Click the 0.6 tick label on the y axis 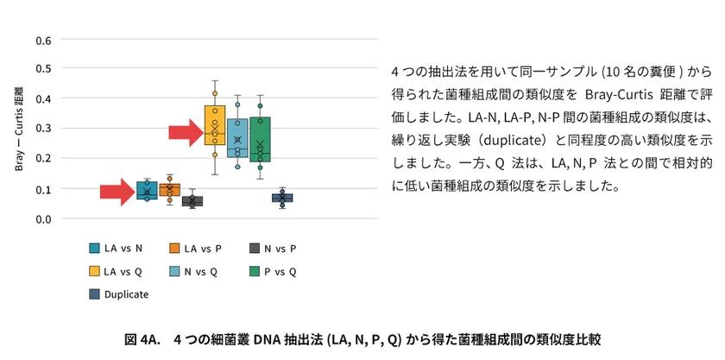point(43,40)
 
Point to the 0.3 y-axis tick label point(43,129)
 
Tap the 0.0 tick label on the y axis point(43,218)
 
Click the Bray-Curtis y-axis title point(19,128)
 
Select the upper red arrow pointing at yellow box point(186,133)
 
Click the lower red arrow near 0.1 point(117,192)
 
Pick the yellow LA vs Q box point(215,125)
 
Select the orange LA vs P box point(170,190)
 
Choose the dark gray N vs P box point(192,201)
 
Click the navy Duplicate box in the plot point(282,198)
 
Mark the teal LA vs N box point(147,190)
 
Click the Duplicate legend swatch point(94,294)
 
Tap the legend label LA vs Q point(123,272)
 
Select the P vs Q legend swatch point(255,272)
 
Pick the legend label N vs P point(280,249)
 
